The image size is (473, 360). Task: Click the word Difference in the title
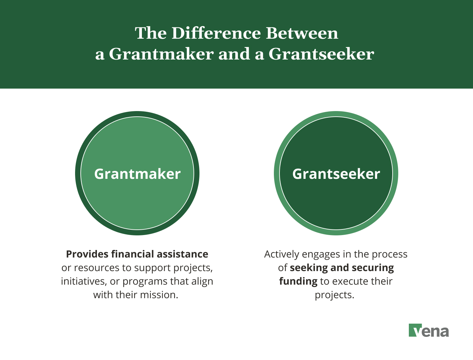pyautogui.click(x=216, y=33)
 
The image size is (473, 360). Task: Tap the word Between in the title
pyautogui.click(x=302, y=33)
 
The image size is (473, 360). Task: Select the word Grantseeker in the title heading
pyautogui.click(x=321, y=54)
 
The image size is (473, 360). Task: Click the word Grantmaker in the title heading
pyautogui.click(x=161, y=54)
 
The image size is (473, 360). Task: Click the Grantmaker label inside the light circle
pyautogui.click(x=137, y=174)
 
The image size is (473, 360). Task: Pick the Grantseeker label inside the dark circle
pyautogui.click(x=336, y=174)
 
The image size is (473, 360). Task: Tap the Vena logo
pyautogui.click(x=429, y=330)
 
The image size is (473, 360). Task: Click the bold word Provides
pyautogui.click(x=87, y=254)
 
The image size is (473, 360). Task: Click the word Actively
pyautogui.click(x=281, y=254)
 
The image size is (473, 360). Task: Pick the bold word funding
pyautogui.click(x=298, y=282)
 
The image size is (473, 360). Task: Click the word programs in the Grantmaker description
pyautogui.click(x=145, y=282)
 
